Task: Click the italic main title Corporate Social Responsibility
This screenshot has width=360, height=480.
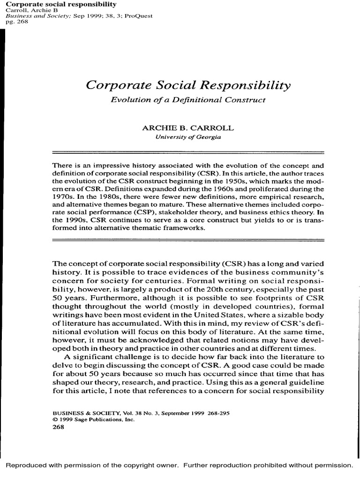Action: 188,86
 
